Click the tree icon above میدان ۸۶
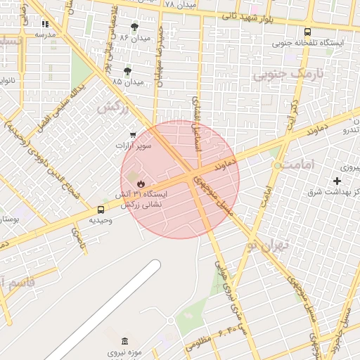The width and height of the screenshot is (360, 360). point(134,27)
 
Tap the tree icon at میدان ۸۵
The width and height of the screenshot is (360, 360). point(127,71)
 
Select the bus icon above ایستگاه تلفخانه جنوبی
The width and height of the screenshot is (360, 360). point(307,32)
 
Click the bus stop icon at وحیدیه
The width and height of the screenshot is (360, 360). point(101,210)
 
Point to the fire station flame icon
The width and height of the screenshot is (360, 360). point(131,183)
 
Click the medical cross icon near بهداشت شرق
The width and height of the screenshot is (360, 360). point(338,181)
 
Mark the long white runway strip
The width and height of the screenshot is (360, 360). point(105,309)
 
